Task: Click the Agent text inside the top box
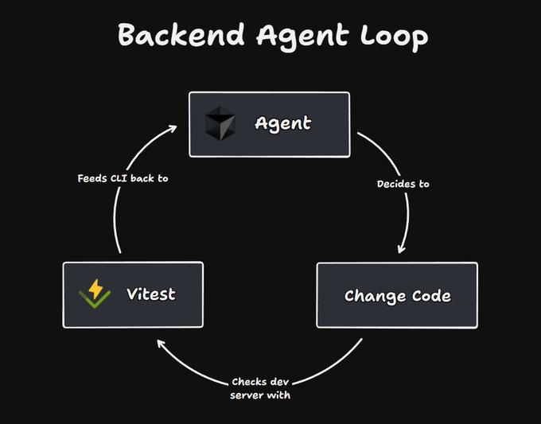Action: click(x=282, y=124)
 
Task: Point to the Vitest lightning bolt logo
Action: click(x=95, y=294)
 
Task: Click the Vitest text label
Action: click(x=150, y=294)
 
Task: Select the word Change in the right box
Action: click(x=372, y=296)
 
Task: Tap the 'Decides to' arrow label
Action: click(x=403, y=184)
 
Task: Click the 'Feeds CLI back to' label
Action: click(x=123, y=178)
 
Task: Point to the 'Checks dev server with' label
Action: click(x=261, y=387)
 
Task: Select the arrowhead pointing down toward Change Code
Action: click(x=401, y=248)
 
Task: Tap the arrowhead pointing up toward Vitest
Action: click(x=161, y=344)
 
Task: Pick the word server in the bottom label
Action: click(x=247, y=395)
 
